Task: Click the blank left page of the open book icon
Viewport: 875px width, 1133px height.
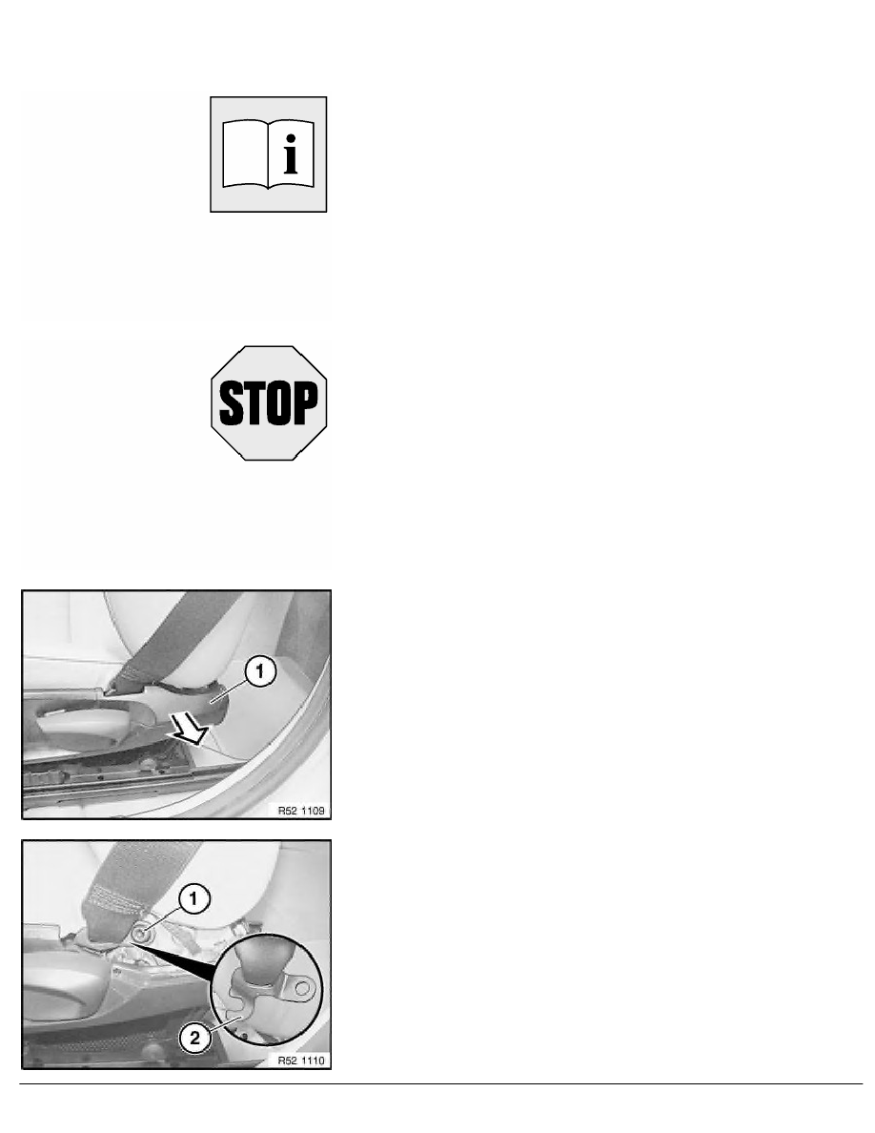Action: tap(245, 154)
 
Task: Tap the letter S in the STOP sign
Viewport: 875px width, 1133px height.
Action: tap(231, 403)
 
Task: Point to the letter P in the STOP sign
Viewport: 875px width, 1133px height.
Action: tap(306, 403)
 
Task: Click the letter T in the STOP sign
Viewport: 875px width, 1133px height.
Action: tap(254, 403)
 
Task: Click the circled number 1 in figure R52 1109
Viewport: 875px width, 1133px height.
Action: tap(260, 672)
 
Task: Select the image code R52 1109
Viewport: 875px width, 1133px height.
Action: tap(301, 811)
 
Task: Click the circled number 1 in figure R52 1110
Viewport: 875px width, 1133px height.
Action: tap(193, 899)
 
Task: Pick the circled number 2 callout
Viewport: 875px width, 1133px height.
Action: tap(195, 1040)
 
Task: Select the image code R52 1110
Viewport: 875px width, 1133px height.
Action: tap(301, 1061)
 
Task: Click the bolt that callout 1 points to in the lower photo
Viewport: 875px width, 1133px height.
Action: tap(138, 934)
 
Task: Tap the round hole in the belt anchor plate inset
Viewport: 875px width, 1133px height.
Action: tap(304, 987)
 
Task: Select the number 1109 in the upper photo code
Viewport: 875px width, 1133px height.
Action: tap(313, 811)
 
